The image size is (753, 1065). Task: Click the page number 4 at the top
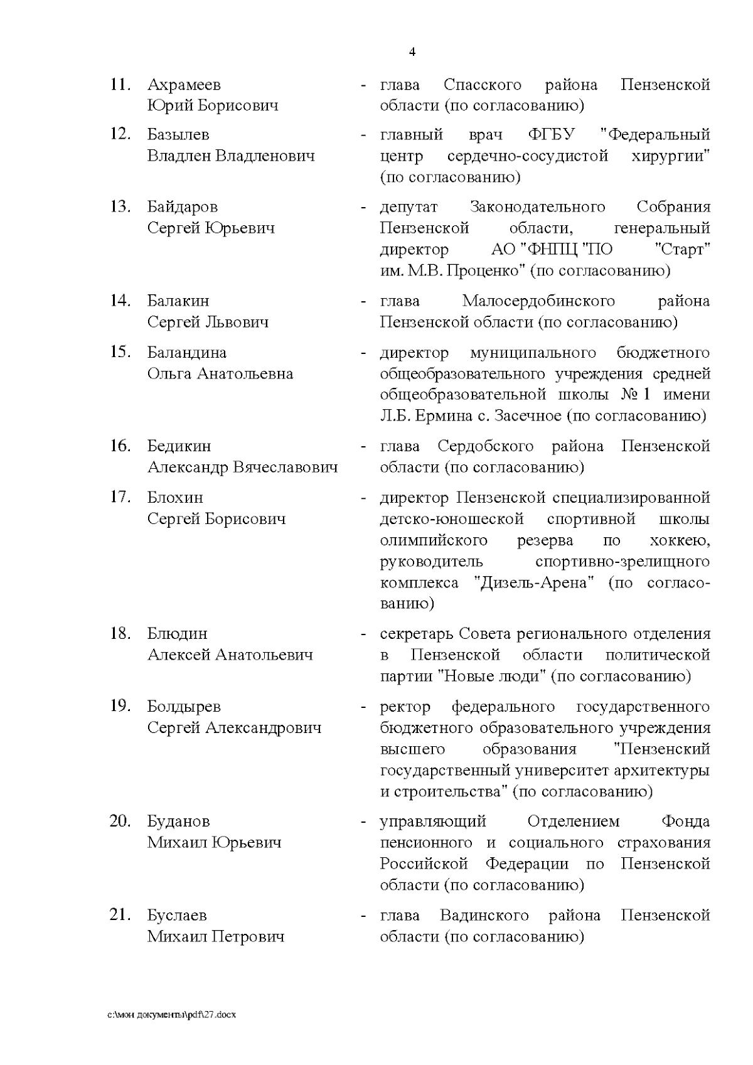click(412, 52)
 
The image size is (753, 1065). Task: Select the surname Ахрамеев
click(184, 85)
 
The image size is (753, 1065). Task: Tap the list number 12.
click(120, 134)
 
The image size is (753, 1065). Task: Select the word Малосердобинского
click(538, 301)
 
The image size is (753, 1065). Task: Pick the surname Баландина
click(187, 352)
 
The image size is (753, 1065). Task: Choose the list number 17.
click(120, 497)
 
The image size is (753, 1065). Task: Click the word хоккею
click(681, 540)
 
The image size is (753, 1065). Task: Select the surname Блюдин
click(177, 633)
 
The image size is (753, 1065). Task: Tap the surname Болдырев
click(184, 706)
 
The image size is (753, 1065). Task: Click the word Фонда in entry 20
click(685, 821)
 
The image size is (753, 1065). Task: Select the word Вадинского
click(484, 915)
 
